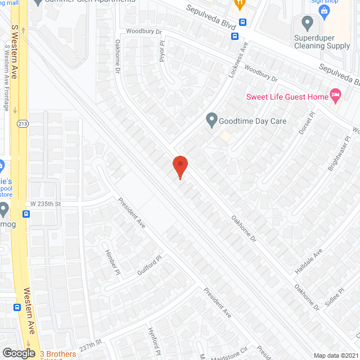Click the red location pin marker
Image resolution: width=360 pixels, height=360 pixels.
click(x=180, y=166)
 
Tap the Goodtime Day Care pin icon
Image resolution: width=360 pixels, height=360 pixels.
click(x=211, y=120)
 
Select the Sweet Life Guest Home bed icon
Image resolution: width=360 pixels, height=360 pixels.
click(x=336, y=96)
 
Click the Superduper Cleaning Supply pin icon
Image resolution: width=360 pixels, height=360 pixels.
click(x=307, y=24)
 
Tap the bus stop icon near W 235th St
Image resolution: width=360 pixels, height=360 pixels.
click(x=26, y=214)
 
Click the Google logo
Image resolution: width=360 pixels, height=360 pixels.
click(x=19, y=353)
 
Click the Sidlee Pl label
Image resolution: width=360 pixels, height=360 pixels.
click(x=339, y=297)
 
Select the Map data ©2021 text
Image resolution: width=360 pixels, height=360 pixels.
click(x=335, y=355)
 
